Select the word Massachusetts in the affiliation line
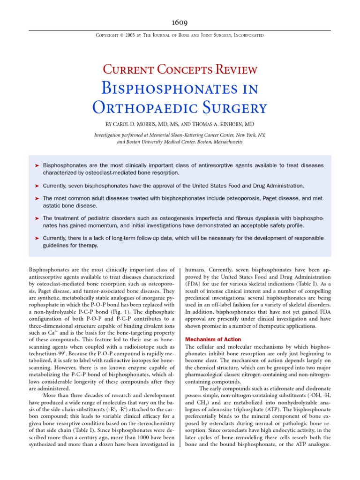tap(222, 142)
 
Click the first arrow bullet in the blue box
tap(37, 165)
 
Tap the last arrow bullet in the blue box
tap(37, 238)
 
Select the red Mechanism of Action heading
tap(213, 340)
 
